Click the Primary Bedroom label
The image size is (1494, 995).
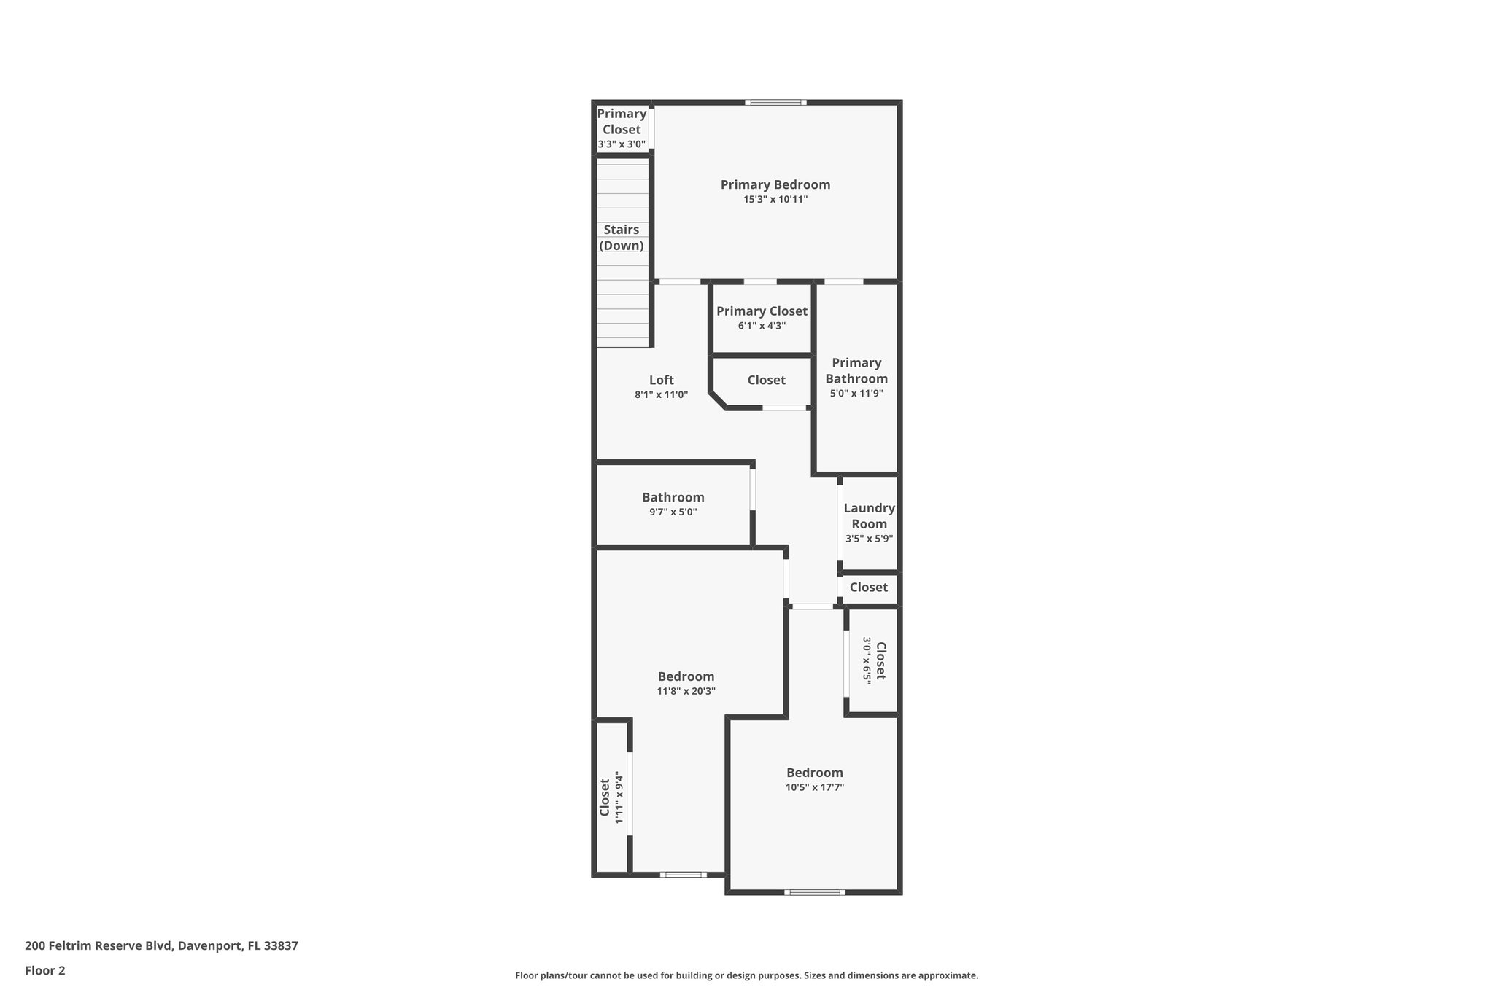point(775,184)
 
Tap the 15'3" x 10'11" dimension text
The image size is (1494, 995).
point(775,199)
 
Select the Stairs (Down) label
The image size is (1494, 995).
point(622,238)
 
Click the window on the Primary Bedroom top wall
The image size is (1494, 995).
point(775,103)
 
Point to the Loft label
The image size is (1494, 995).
point(662,380)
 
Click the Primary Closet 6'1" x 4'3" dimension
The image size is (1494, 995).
point(762,326)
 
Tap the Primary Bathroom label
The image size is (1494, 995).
point(856,370)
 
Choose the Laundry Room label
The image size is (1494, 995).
point(869,516)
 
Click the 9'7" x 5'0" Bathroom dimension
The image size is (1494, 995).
point(673,512)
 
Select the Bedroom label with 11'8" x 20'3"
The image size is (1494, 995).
point(686,676)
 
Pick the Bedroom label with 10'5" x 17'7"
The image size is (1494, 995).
point(814,773)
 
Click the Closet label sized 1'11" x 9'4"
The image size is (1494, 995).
point(605,797)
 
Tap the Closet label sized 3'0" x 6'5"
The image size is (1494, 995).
point(880,661)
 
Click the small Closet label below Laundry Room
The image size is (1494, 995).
point(868,588)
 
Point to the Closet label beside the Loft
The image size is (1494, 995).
point(766,380)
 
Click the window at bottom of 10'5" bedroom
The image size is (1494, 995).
point(815,891)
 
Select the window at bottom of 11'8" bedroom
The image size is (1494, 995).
point(684,874)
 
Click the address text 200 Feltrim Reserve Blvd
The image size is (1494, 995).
point(161,946)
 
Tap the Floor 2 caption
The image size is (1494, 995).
point(45,970)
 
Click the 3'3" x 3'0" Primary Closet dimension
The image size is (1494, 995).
point(622,144)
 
